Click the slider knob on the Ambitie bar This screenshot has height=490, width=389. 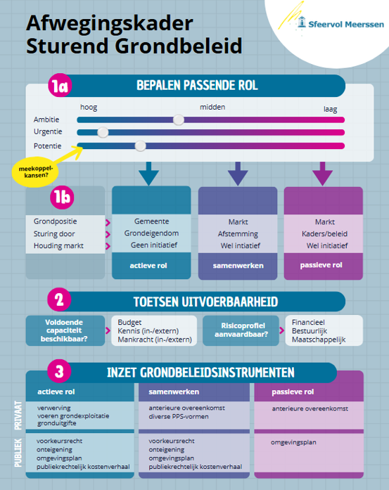[179, 120]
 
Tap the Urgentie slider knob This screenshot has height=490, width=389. [103, 132]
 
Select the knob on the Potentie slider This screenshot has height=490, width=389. [140, 146]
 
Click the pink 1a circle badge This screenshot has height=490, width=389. [60, 86]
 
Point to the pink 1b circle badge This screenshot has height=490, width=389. [62, 197]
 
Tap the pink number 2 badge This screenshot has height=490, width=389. [59, 299]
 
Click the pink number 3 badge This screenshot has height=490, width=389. [59, 371]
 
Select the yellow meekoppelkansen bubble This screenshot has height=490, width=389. [35, 172]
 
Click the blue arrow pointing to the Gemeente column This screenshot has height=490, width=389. [149, 174]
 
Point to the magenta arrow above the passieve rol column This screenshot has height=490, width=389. [322, 174]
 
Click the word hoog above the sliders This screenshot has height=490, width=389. [89, 108]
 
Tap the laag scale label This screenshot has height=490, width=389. [330, 109]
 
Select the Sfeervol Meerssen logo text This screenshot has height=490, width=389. [346, 25]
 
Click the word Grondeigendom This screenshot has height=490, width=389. [151, 233]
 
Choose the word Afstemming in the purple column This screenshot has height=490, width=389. [238, 234]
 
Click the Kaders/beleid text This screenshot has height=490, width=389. [324, 233]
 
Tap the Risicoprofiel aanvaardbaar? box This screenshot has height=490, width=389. [241, 330]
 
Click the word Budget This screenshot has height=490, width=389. [129, 322]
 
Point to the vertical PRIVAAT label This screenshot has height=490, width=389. [18, 415]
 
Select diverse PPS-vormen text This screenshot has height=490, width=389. [179, 417]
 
